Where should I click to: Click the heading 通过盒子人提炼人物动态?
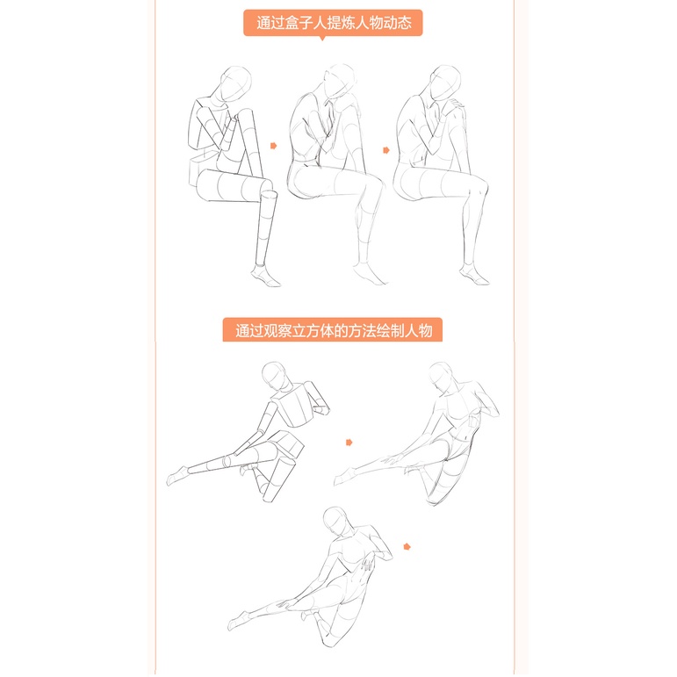pos(334,23)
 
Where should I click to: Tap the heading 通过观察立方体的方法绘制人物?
pos(334,331)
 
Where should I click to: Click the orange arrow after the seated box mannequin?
pos(273,146)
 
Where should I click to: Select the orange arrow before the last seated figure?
pos(386,150)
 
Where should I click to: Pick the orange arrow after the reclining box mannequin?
pos(349,443)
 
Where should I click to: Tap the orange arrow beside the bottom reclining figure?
pos(407,547)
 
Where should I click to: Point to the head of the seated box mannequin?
pos(235,83)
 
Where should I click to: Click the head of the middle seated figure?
pos(340,81)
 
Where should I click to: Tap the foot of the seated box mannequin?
pos(265,276)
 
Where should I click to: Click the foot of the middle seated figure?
pos(369,274)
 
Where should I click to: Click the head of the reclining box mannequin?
pos(274,376)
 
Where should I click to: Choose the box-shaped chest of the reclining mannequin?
pos(297,406)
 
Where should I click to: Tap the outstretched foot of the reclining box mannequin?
pos(177,476)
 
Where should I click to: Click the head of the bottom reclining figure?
pos(335,522)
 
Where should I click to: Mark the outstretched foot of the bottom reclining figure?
pos(238,622)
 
